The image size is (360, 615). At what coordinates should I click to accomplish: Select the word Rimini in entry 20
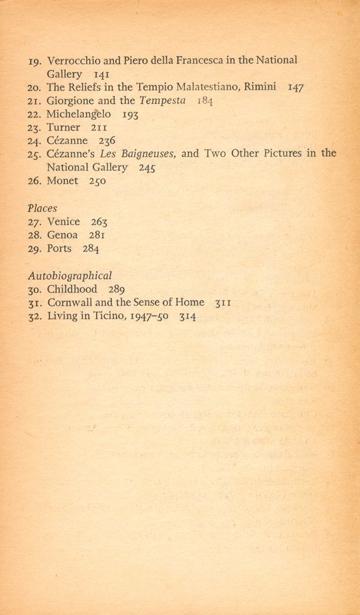tap(262, 87)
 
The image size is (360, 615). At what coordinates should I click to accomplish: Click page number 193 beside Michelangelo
tap(130, 114)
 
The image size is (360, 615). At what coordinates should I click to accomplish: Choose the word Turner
tap(63, 127)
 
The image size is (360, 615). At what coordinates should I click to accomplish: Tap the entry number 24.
tap(35, 141)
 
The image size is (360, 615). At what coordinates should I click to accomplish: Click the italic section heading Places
tap(42, 208)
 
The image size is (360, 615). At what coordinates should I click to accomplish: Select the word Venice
tap(63, 222)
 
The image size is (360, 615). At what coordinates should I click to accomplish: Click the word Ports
tap(59, 249)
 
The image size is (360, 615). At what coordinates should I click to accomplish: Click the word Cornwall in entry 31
tap(68, 303)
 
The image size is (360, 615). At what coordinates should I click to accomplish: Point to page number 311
tap(223, 303)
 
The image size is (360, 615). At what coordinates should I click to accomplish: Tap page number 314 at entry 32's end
tap(188, 317)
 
